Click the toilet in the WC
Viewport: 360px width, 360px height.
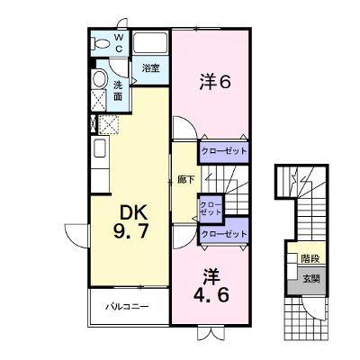point(100,44)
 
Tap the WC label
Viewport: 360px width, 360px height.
point(119,43)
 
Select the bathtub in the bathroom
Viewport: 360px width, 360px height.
point(150,42)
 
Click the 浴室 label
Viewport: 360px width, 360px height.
point(150,68)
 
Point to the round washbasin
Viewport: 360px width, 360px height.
point(100,78)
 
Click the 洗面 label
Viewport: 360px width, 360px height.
point(118,91)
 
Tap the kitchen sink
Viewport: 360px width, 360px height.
point(101,148)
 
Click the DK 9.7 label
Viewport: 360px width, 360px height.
point(131,222)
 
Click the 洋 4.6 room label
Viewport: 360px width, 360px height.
point(211,285)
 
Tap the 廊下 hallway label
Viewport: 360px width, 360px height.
point(186,180)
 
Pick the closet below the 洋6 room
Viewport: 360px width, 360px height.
point(223,152)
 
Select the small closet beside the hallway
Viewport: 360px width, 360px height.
point(211,209)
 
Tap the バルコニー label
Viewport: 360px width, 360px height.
point(127,307)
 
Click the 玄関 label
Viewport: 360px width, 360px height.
point(311,279)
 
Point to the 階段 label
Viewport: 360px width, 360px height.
point(310,258)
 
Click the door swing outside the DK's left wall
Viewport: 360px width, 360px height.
point(77,236)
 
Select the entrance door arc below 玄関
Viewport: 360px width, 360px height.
point(312,308)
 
